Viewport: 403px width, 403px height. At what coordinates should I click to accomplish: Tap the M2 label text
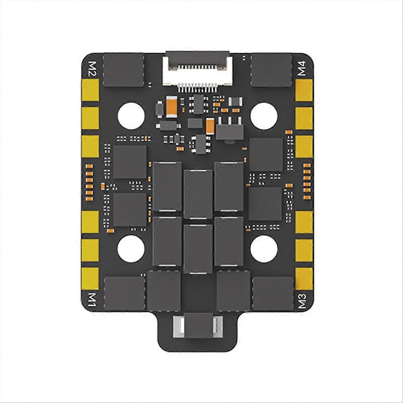tap(91, 70)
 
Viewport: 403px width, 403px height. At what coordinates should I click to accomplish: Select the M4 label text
tap(302, 70)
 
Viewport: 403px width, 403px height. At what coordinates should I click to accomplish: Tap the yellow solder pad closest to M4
tap(304, 90)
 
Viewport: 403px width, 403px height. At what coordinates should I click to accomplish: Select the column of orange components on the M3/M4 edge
tap(306, 180)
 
